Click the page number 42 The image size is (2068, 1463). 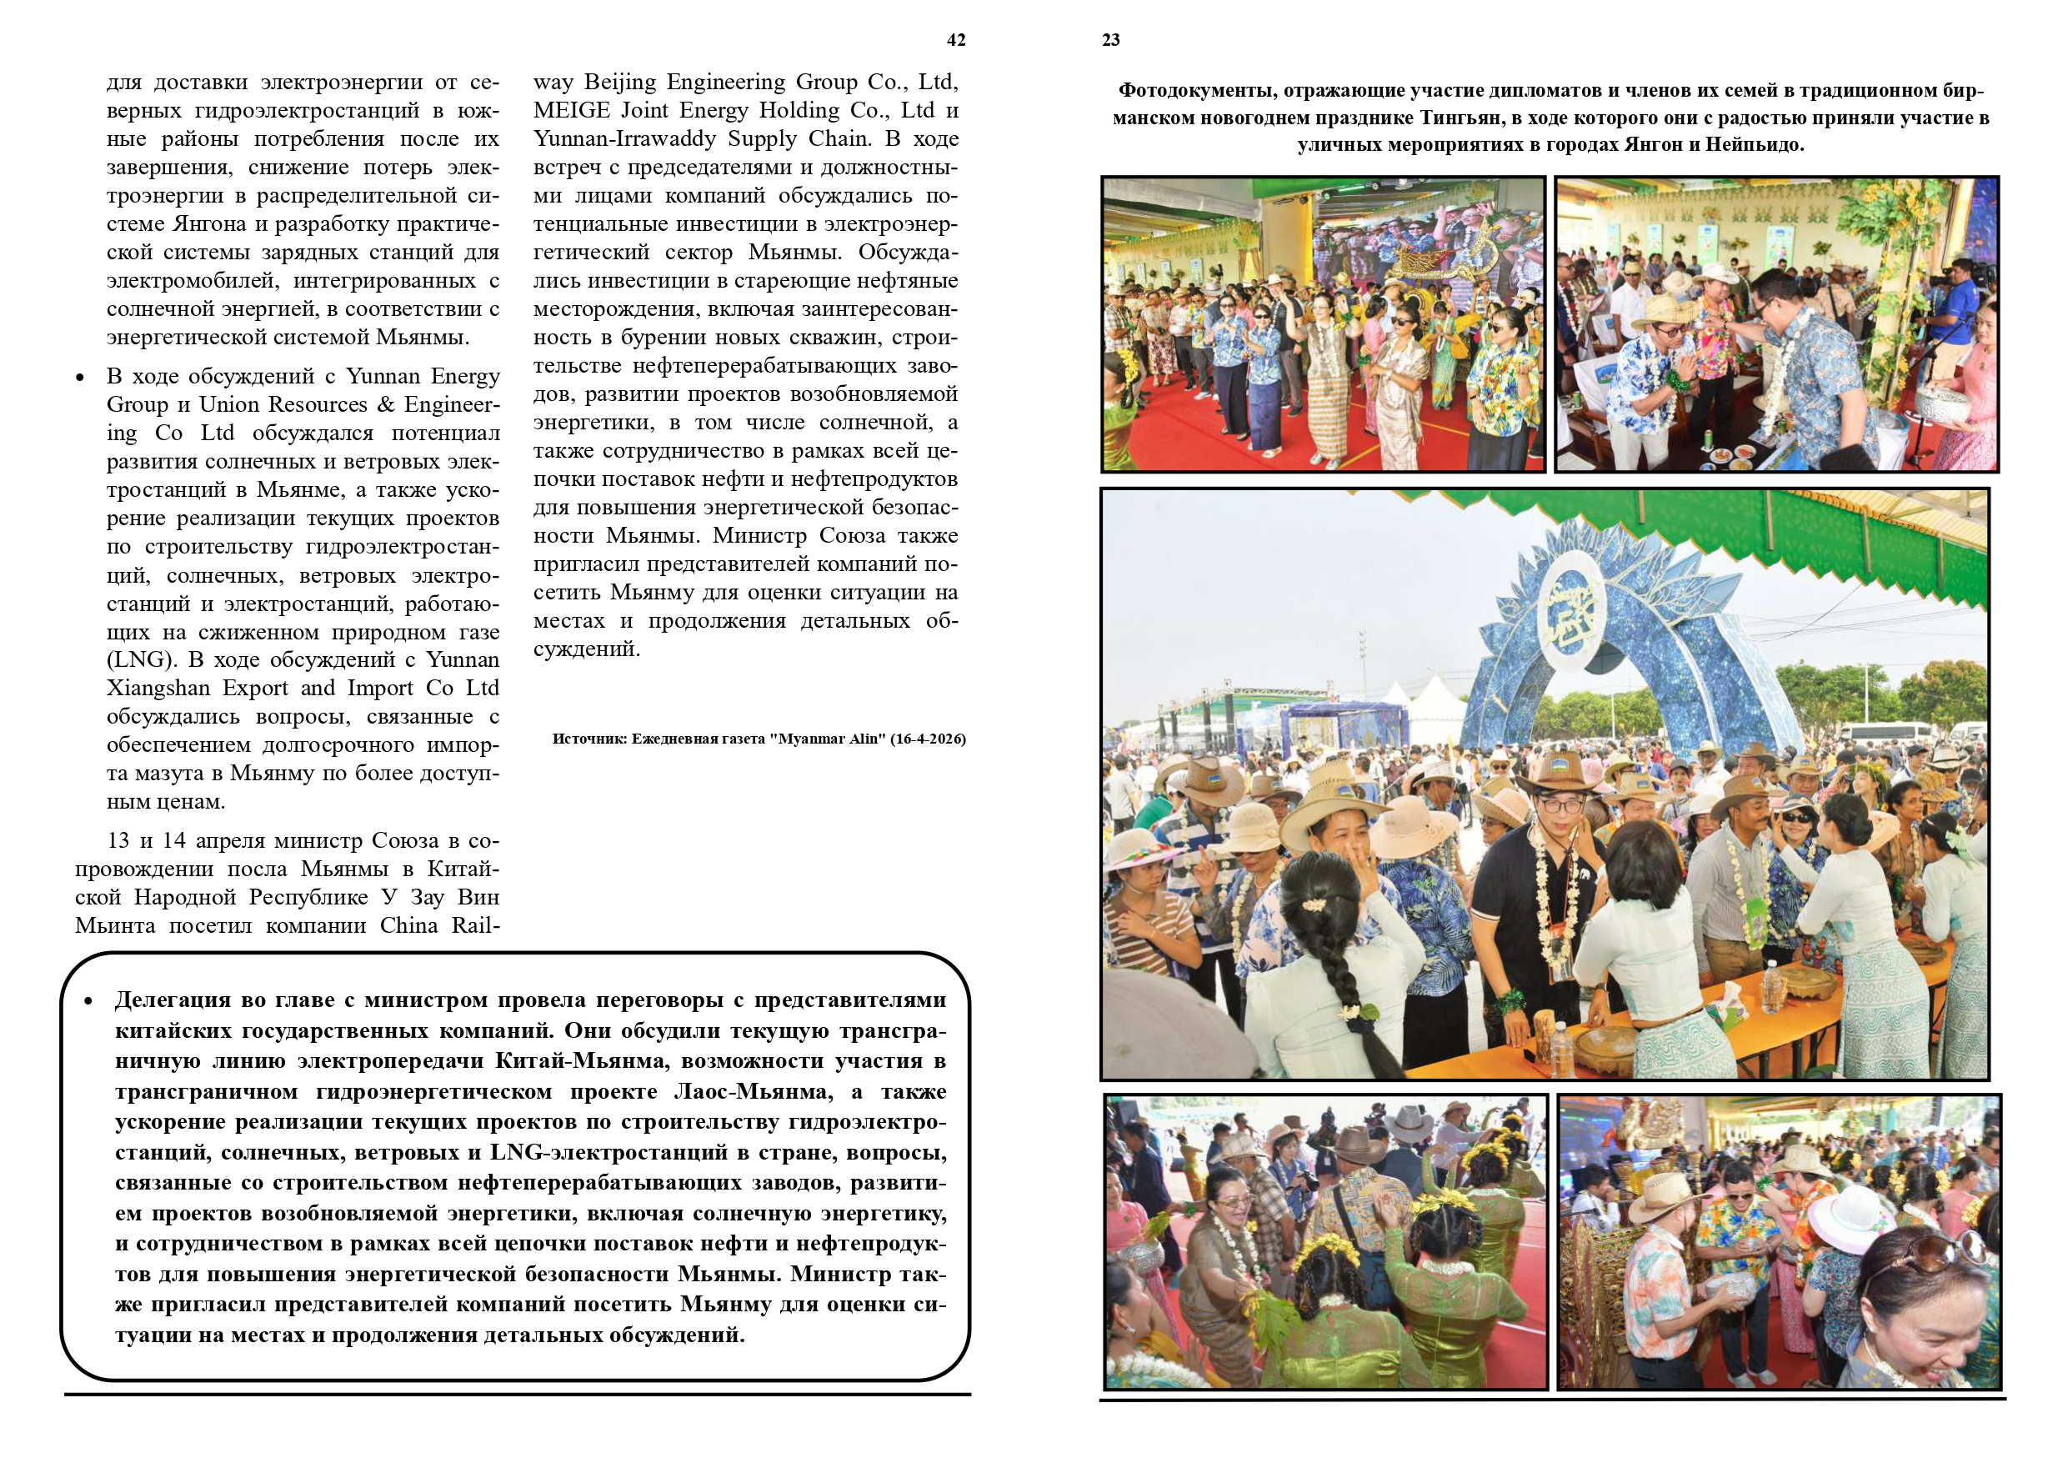[x=955, y=41]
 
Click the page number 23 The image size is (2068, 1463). [x=1110, y=41]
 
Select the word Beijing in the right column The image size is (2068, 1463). [x=621, y=83]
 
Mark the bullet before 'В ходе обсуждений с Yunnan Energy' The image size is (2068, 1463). [x=80, y=378]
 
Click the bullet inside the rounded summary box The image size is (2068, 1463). [x=88, y=1002]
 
